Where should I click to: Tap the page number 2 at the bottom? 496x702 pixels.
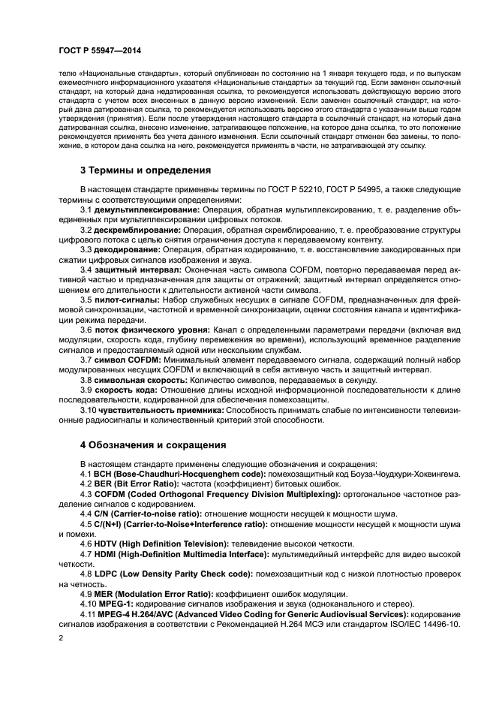coord(61,637)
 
